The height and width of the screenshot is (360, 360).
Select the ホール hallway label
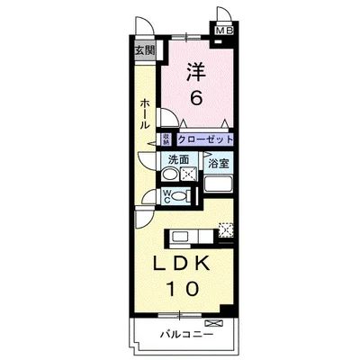tap(144, 115)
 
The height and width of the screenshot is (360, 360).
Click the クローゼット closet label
tap(205, 139)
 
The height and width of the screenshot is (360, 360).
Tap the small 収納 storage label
tap(166, 139)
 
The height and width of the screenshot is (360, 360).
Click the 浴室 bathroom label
tap(218, 163)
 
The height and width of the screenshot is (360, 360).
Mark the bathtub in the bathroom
tap(219, 184)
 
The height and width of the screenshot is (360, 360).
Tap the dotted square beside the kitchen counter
tap(226, 229)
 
